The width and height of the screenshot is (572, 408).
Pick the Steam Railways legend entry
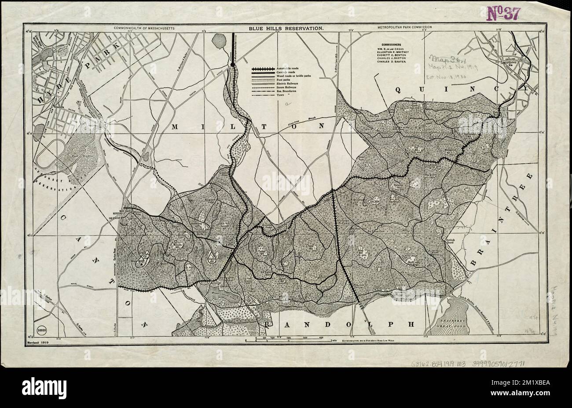coord(286,87)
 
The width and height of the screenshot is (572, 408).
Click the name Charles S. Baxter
coord(392,62)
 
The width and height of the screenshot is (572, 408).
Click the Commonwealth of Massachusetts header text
coord(144,27)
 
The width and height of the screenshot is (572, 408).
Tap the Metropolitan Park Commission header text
coord(404,27)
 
